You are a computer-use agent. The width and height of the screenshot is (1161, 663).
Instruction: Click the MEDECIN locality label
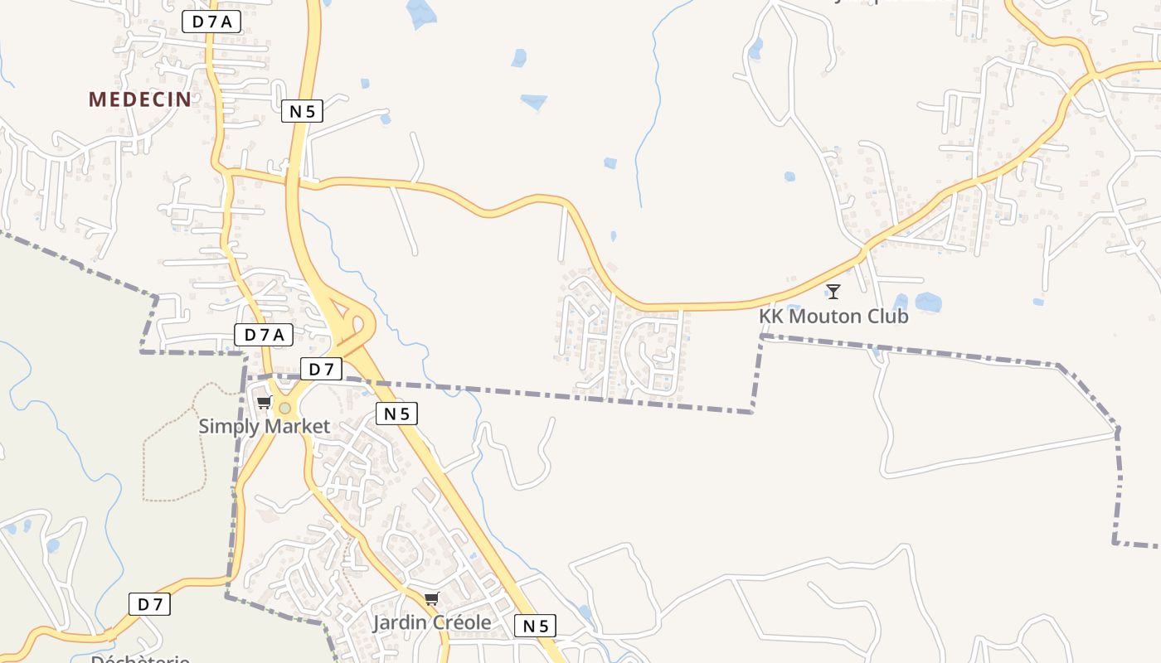[139, 99]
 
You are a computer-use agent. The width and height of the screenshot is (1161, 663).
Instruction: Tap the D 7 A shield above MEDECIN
[211, 22]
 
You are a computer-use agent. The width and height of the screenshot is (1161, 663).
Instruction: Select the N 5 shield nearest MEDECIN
[302, 111]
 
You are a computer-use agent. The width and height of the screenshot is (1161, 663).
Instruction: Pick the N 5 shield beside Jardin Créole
[535, 626]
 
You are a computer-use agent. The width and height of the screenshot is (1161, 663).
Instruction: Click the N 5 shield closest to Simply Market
[396, 414]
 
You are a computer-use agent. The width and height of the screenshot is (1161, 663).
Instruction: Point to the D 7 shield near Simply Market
[321, 370]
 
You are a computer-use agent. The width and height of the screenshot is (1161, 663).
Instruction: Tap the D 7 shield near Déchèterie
[149, 604]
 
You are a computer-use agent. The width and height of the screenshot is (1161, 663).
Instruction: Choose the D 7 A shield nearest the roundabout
[265, 335]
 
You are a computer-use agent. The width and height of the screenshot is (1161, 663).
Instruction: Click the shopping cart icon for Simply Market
[264, 403]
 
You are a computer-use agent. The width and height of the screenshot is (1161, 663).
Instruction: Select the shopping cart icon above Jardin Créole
[431, 599]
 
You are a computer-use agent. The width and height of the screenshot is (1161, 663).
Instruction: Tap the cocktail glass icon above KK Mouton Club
[833, 291]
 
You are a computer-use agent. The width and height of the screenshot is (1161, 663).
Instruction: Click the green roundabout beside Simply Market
[285, 408]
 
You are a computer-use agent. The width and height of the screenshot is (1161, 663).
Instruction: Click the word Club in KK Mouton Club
[887, 317]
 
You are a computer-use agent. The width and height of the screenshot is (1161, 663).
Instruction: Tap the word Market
[297, 427]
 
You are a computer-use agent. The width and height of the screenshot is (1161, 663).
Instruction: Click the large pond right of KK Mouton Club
[928, 302]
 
